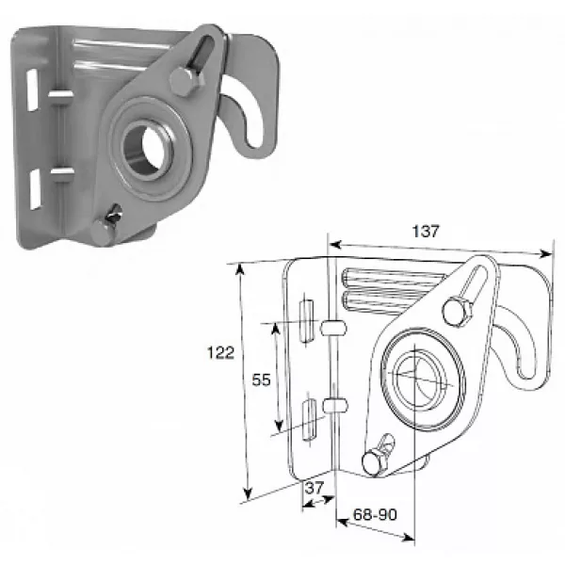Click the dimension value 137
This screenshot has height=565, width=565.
tap(426, 232)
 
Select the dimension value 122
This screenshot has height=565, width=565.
tap(220, 352)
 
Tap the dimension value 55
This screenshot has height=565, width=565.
tap(261, 379)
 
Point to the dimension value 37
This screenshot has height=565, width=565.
tap(315, 488)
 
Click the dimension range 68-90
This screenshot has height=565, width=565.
tap(375, 514)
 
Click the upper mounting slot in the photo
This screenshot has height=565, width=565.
tap(32, 89)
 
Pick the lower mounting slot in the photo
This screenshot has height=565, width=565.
tap(35, 189)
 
